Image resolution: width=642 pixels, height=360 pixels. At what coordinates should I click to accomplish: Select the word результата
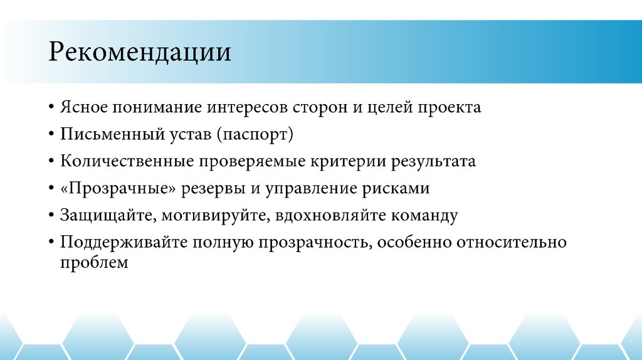[x=434, y=161]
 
